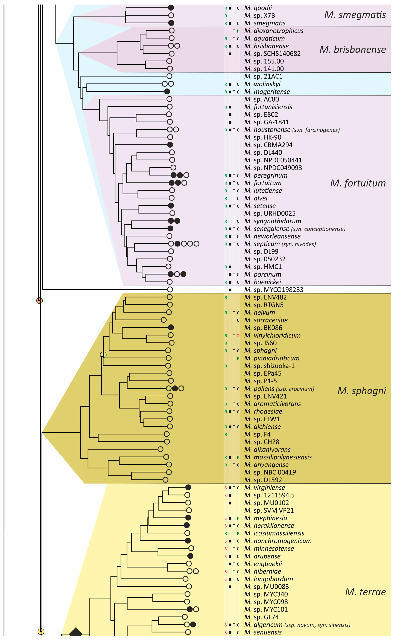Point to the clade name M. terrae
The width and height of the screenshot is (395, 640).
(365, 592)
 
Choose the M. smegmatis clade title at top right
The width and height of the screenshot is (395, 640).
(355, 15)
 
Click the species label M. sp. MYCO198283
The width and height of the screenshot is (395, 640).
(274, 290)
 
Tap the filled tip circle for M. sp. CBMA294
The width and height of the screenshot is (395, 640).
(170, 145)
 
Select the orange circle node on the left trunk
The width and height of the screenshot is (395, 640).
(39, 301)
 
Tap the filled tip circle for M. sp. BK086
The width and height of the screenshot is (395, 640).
(171, 327)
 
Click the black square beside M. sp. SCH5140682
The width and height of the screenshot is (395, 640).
(230, 54)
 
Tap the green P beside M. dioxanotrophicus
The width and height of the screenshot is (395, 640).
(238, 31)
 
